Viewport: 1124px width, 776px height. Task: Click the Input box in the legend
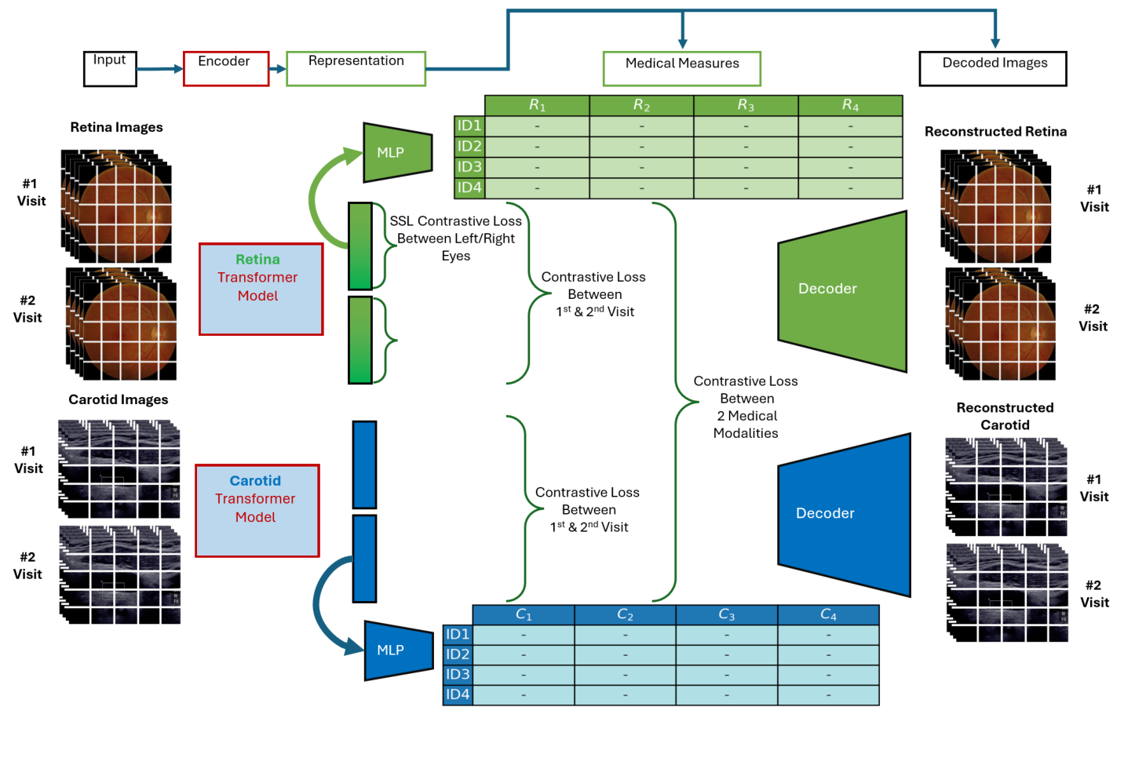[110, 68]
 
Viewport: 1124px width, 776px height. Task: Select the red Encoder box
[226, 68]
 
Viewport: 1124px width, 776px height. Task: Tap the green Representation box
[356, 68]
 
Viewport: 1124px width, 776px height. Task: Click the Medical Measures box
[681, 68]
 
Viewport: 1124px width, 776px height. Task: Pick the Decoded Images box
[992, 68]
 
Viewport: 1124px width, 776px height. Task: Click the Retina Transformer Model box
[261, 289]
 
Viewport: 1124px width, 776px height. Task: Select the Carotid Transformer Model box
[257, 510]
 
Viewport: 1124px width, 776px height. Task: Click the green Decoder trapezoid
[842, 290]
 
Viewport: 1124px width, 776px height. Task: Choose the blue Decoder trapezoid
[844, 514]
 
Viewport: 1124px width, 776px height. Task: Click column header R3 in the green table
[746, 105]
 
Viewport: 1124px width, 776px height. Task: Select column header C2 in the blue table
[625, 614]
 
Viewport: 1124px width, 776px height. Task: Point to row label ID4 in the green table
[469, 188]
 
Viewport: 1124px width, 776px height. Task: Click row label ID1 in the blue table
[458, 634]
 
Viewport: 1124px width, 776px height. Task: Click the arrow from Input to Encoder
[160, 69]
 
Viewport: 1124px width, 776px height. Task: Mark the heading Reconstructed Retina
[995, 132]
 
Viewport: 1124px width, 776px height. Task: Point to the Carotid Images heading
[118, 399]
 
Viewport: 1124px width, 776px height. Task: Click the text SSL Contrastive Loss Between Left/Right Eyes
[455, 239]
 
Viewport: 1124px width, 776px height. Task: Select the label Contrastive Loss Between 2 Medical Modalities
[746, 406]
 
